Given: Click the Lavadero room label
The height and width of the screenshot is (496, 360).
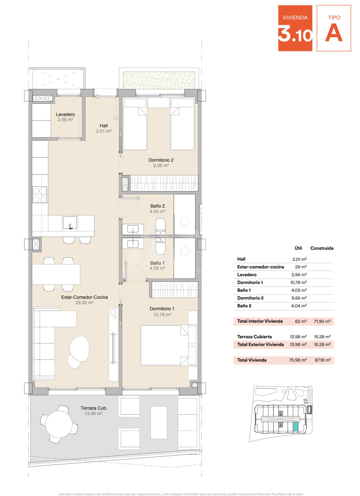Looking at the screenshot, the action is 65,114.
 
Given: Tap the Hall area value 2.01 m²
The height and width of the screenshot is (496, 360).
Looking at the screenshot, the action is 104,131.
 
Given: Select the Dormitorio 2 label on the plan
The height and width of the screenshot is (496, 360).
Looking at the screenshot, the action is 161,160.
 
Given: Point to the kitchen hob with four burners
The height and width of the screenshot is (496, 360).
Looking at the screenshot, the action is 40,195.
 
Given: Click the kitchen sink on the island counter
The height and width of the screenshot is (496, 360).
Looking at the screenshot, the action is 70,223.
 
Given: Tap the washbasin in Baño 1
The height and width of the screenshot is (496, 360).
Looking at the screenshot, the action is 133,243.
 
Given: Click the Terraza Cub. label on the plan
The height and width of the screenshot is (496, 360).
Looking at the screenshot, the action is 94,408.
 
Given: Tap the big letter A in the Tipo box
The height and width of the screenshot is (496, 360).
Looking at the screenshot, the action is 334,32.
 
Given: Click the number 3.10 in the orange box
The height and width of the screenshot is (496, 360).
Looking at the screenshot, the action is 295,33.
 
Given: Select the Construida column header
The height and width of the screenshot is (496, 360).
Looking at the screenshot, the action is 322,248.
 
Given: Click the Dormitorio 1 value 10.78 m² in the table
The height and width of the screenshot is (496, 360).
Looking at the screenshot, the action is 298,282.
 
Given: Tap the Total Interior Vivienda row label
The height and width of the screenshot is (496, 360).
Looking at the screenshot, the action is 260,321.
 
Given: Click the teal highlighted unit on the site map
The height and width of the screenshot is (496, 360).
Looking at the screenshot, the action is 295,426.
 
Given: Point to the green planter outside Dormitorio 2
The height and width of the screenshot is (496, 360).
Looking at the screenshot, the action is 159,80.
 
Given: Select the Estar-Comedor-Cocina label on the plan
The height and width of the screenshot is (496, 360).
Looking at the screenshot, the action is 84,297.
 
